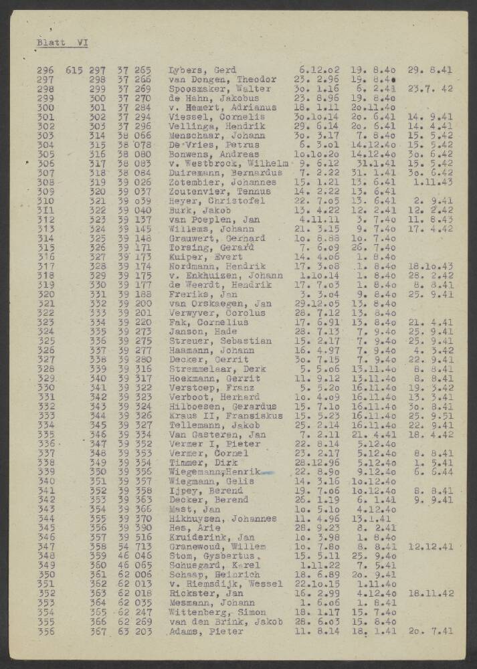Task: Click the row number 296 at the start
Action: click(x=45, y=70)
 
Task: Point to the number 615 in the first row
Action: click(x=74, y=70)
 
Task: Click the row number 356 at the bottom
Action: click(x=45, y=631)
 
